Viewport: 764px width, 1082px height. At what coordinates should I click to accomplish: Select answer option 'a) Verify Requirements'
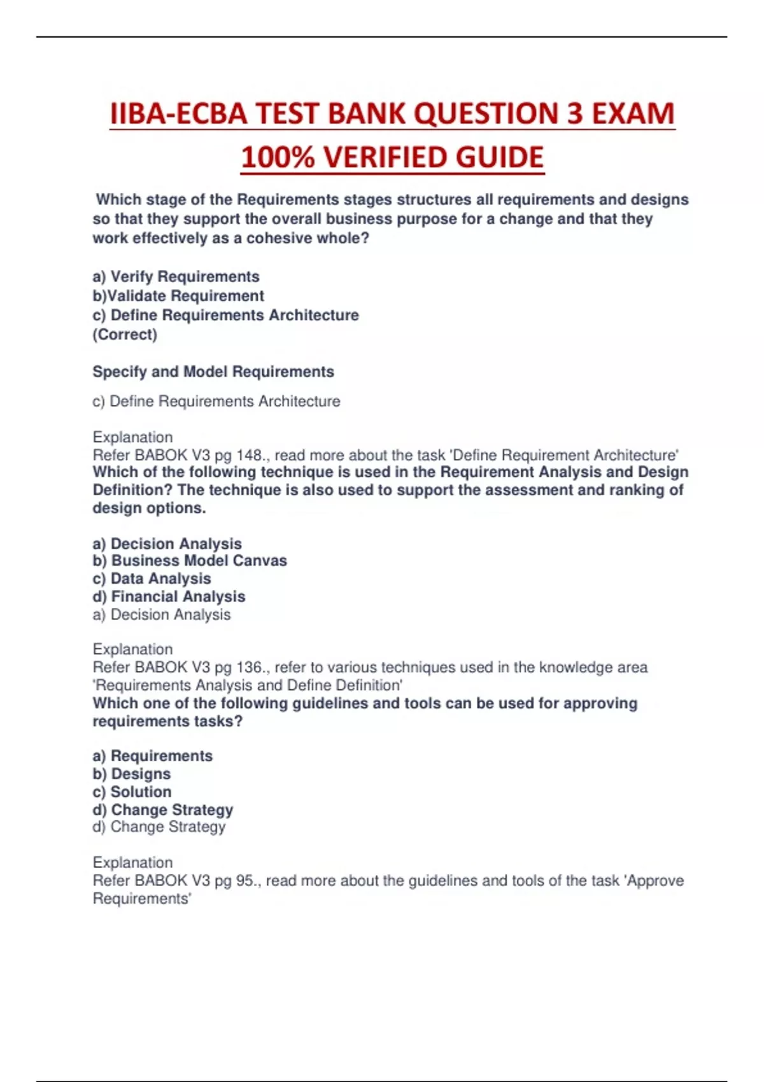point(176,277)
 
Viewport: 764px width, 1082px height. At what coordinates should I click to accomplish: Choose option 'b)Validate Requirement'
point(178,296)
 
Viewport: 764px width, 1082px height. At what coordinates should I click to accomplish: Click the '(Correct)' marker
point(125,335)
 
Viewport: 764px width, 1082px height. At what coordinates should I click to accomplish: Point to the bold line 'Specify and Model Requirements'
point(213,372)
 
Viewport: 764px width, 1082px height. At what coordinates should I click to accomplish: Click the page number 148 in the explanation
point(249,456)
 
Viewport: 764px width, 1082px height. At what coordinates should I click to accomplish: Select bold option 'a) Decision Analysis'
point(167,544)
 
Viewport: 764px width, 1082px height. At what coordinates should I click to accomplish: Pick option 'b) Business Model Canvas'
point(190,561)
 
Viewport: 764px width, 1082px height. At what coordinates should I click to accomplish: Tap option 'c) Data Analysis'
point(152,579)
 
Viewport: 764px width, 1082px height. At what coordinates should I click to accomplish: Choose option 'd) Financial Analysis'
point(169,596)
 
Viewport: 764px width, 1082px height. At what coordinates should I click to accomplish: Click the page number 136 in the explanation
point(249,668)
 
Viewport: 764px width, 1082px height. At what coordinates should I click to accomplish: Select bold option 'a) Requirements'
point(153,756)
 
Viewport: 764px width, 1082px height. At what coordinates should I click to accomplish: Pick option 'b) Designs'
point(132,774)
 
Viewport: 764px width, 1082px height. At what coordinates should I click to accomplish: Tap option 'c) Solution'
point(132,792)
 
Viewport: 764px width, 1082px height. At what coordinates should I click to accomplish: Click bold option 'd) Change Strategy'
point(163,810)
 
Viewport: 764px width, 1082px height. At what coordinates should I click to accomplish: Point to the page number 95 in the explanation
point(244,881)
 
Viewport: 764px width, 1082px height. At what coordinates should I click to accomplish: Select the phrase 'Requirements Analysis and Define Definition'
point(248,685)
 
